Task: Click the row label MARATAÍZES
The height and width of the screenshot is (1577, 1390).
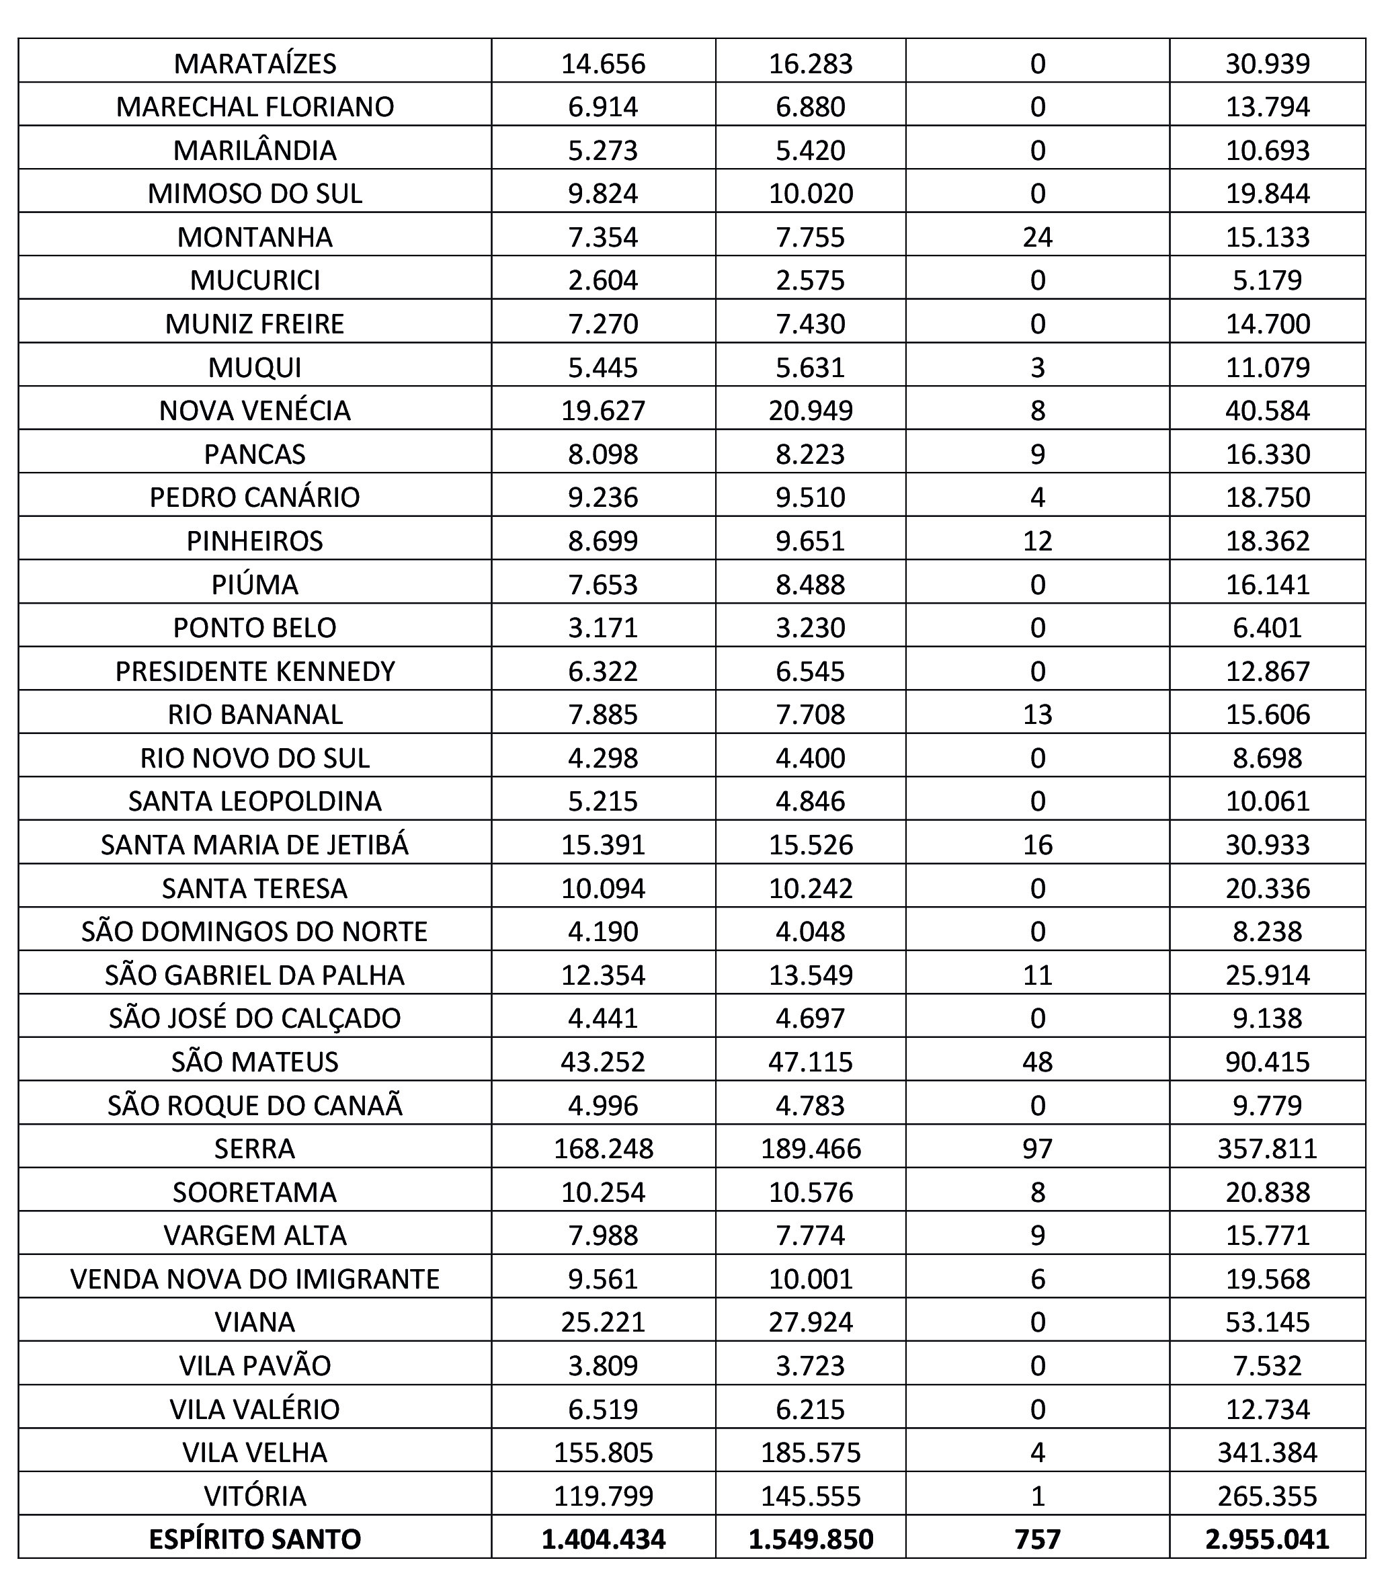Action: pyautogui.click(x=255, y=63)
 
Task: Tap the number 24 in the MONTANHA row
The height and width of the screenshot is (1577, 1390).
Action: pyautogui.click(x=1038, y=237)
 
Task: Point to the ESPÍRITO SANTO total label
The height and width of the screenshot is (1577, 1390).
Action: pyautogui.click(x=255, y=1539)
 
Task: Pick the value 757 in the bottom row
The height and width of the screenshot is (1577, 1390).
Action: pyautogui.click(x=1038, y=1539)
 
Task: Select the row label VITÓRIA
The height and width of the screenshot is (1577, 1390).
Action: pyautogui.click(x=255, y=1496)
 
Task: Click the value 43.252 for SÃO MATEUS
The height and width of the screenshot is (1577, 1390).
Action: pyautogui.click(x=602, y=1061)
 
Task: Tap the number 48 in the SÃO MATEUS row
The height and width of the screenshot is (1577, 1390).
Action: pyautogui.click(x=1038, y=1061)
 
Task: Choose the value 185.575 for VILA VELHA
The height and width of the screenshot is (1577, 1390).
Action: pyautogui.click(x=810, y=1453)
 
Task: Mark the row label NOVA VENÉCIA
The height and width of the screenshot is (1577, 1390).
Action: pyautogui.click(x=255, y=411)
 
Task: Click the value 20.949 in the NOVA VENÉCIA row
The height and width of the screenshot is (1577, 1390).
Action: pyautogui.click(x=810, y=411)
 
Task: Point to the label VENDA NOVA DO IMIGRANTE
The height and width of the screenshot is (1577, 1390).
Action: pyautogui.click(x=255, y=1279)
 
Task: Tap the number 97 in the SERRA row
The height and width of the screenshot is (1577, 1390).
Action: pyautogui.click(x=1038, y=1149)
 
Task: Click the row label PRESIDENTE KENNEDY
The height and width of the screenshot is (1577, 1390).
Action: pyautogui.click(x=255, y=672)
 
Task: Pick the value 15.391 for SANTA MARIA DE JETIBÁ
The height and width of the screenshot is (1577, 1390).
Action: pyautogui.click(x=602, y=845)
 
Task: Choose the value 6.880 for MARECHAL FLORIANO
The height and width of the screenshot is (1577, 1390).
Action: pyautogui.click(x=810, y=106)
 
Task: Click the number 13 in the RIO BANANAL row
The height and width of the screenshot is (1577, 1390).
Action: pyautogui.click(x=1038, y=715)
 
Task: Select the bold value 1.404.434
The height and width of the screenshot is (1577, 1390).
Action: pyautogui.click(x=602, y=1539)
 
